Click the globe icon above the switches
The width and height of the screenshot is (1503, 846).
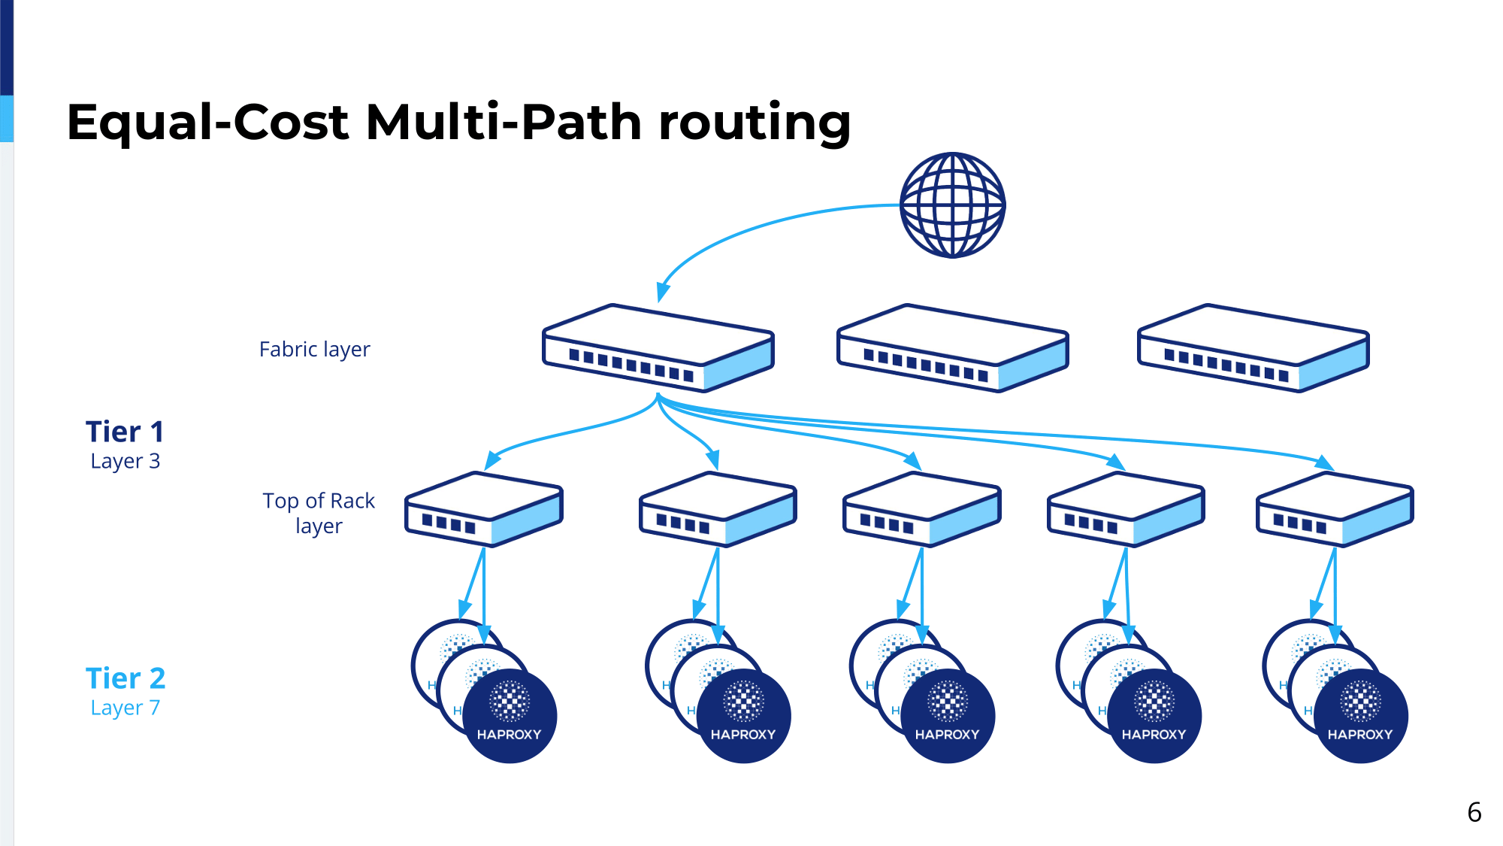(952, 205)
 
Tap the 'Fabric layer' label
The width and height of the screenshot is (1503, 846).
(314, 350)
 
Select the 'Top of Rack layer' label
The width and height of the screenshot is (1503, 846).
(319, 513)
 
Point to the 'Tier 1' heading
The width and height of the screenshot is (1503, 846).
(125, 432)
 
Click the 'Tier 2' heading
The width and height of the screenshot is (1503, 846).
(126, 678)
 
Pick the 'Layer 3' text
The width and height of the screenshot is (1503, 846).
(125, 461)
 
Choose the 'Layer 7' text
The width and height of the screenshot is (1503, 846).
(125, 708)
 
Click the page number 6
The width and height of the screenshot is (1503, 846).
(1474, 812)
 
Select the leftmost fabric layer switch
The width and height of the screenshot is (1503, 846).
(658, 348)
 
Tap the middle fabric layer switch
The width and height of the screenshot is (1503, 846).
(953, 348)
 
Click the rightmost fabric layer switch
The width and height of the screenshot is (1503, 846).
(1254, 348)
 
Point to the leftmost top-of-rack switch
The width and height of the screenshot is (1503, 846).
(484, 509)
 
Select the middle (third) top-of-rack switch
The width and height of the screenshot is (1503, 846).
(922, 509)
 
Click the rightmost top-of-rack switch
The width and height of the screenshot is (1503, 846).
(1335, 509)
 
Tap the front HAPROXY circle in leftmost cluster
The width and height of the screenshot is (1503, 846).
(510, 716)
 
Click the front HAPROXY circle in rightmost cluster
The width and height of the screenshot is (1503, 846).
(1360, 716)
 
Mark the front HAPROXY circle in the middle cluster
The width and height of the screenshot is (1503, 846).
(948, 716)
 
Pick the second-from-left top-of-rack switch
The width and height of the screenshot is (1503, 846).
(718, 509)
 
